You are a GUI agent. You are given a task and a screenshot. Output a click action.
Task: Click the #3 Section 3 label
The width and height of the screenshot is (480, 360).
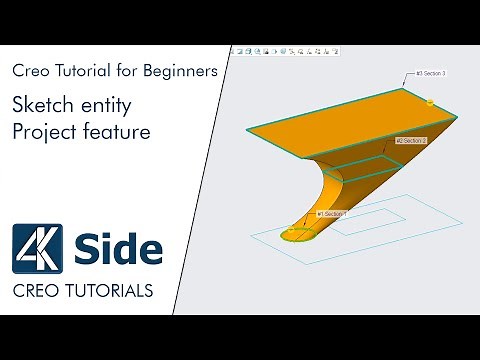[x=423, y=73]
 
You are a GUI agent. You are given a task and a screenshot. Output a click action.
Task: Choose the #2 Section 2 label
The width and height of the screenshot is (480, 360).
[x=412, y=141]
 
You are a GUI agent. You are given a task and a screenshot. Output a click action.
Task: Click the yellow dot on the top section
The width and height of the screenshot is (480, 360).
[x=430, y=102]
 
